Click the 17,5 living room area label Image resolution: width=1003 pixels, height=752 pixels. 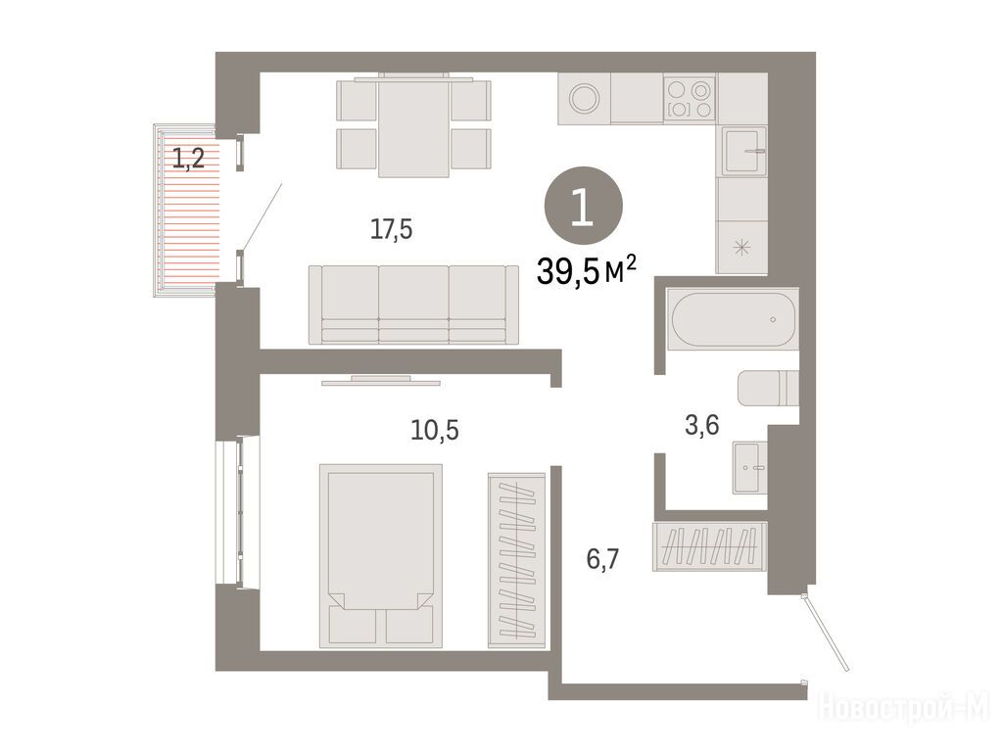click(x=392, y=229)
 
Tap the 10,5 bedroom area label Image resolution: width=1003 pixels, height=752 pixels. click(x=435, y=431)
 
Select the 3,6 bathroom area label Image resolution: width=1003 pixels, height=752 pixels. click(x=702, y=425)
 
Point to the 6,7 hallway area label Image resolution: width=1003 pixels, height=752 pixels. click(x=602, y=559)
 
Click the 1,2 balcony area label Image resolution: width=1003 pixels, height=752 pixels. click(x=188, y=158)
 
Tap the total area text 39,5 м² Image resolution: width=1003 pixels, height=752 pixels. click(x=587, y=270)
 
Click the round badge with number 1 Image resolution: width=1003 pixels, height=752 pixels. click(x=583, y=206)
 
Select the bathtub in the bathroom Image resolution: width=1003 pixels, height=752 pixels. click(x=733, y=319)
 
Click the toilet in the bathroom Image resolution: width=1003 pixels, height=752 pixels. click(x=768, y=388)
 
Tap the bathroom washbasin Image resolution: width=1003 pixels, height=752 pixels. click(x=749, y=468)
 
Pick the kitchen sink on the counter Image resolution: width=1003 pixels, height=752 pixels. click(x=744, y=151)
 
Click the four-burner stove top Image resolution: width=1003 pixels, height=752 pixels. click(x=690, y=99)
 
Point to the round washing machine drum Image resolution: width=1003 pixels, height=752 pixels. click(x=585, y=99)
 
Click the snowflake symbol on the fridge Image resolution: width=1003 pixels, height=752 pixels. click(x=742, y=248)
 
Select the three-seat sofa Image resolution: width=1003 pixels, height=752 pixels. click(x=413, y=305)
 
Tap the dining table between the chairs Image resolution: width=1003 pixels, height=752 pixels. click(x=413, y=125)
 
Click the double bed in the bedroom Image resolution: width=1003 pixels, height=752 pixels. click(x=381, y=556)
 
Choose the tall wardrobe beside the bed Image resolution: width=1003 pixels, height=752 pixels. click(x=517, y=560)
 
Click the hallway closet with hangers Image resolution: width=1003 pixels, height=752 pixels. click(x=709, y=546)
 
